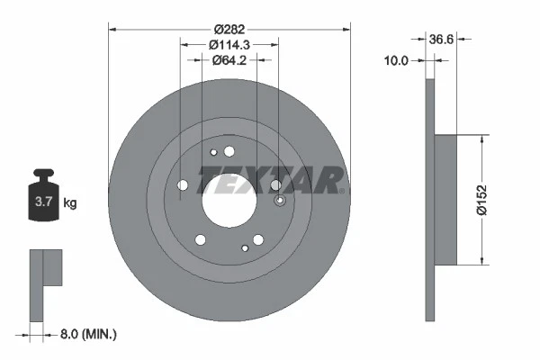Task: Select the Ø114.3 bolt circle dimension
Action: point(229,45)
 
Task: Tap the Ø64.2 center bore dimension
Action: point(229,61)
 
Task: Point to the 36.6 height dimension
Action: point(441,40)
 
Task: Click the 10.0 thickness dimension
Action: point(396,61)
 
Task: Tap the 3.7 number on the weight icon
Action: point(42,202)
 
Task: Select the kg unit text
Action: point(70,203)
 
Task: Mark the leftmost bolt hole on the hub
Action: point(184,184)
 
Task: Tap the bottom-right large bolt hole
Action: point(258,239)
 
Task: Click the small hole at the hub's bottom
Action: point(244,248)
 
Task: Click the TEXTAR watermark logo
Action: point(270,179)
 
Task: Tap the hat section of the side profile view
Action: point(458,200)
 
